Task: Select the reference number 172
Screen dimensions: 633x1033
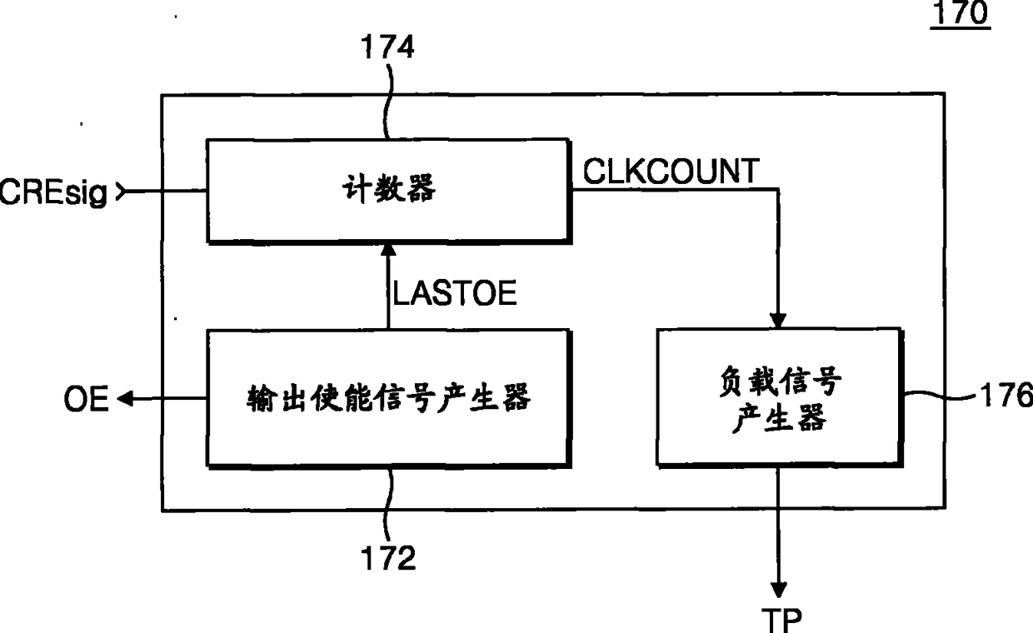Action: coord(389,558)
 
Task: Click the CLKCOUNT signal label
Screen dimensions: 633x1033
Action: coord(671,172)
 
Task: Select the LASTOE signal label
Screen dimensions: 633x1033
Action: coord(455,293)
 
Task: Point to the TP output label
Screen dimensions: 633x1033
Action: coord(781,619)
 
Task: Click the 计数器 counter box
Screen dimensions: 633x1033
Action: coord(388,191)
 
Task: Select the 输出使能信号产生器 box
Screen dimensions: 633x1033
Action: coord(388,397)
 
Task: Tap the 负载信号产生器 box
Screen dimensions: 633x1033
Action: coord(779,396)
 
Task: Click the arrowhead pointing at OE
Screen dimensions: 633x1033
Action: coord(124,400)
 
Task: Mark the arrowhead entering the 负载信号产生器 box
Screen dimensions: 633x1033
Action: coord(779,320)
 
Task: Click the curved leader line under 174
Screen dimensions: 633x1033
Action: coord(388,104)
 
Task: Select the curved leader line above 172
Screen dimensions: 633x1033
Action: coord(389,500)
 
